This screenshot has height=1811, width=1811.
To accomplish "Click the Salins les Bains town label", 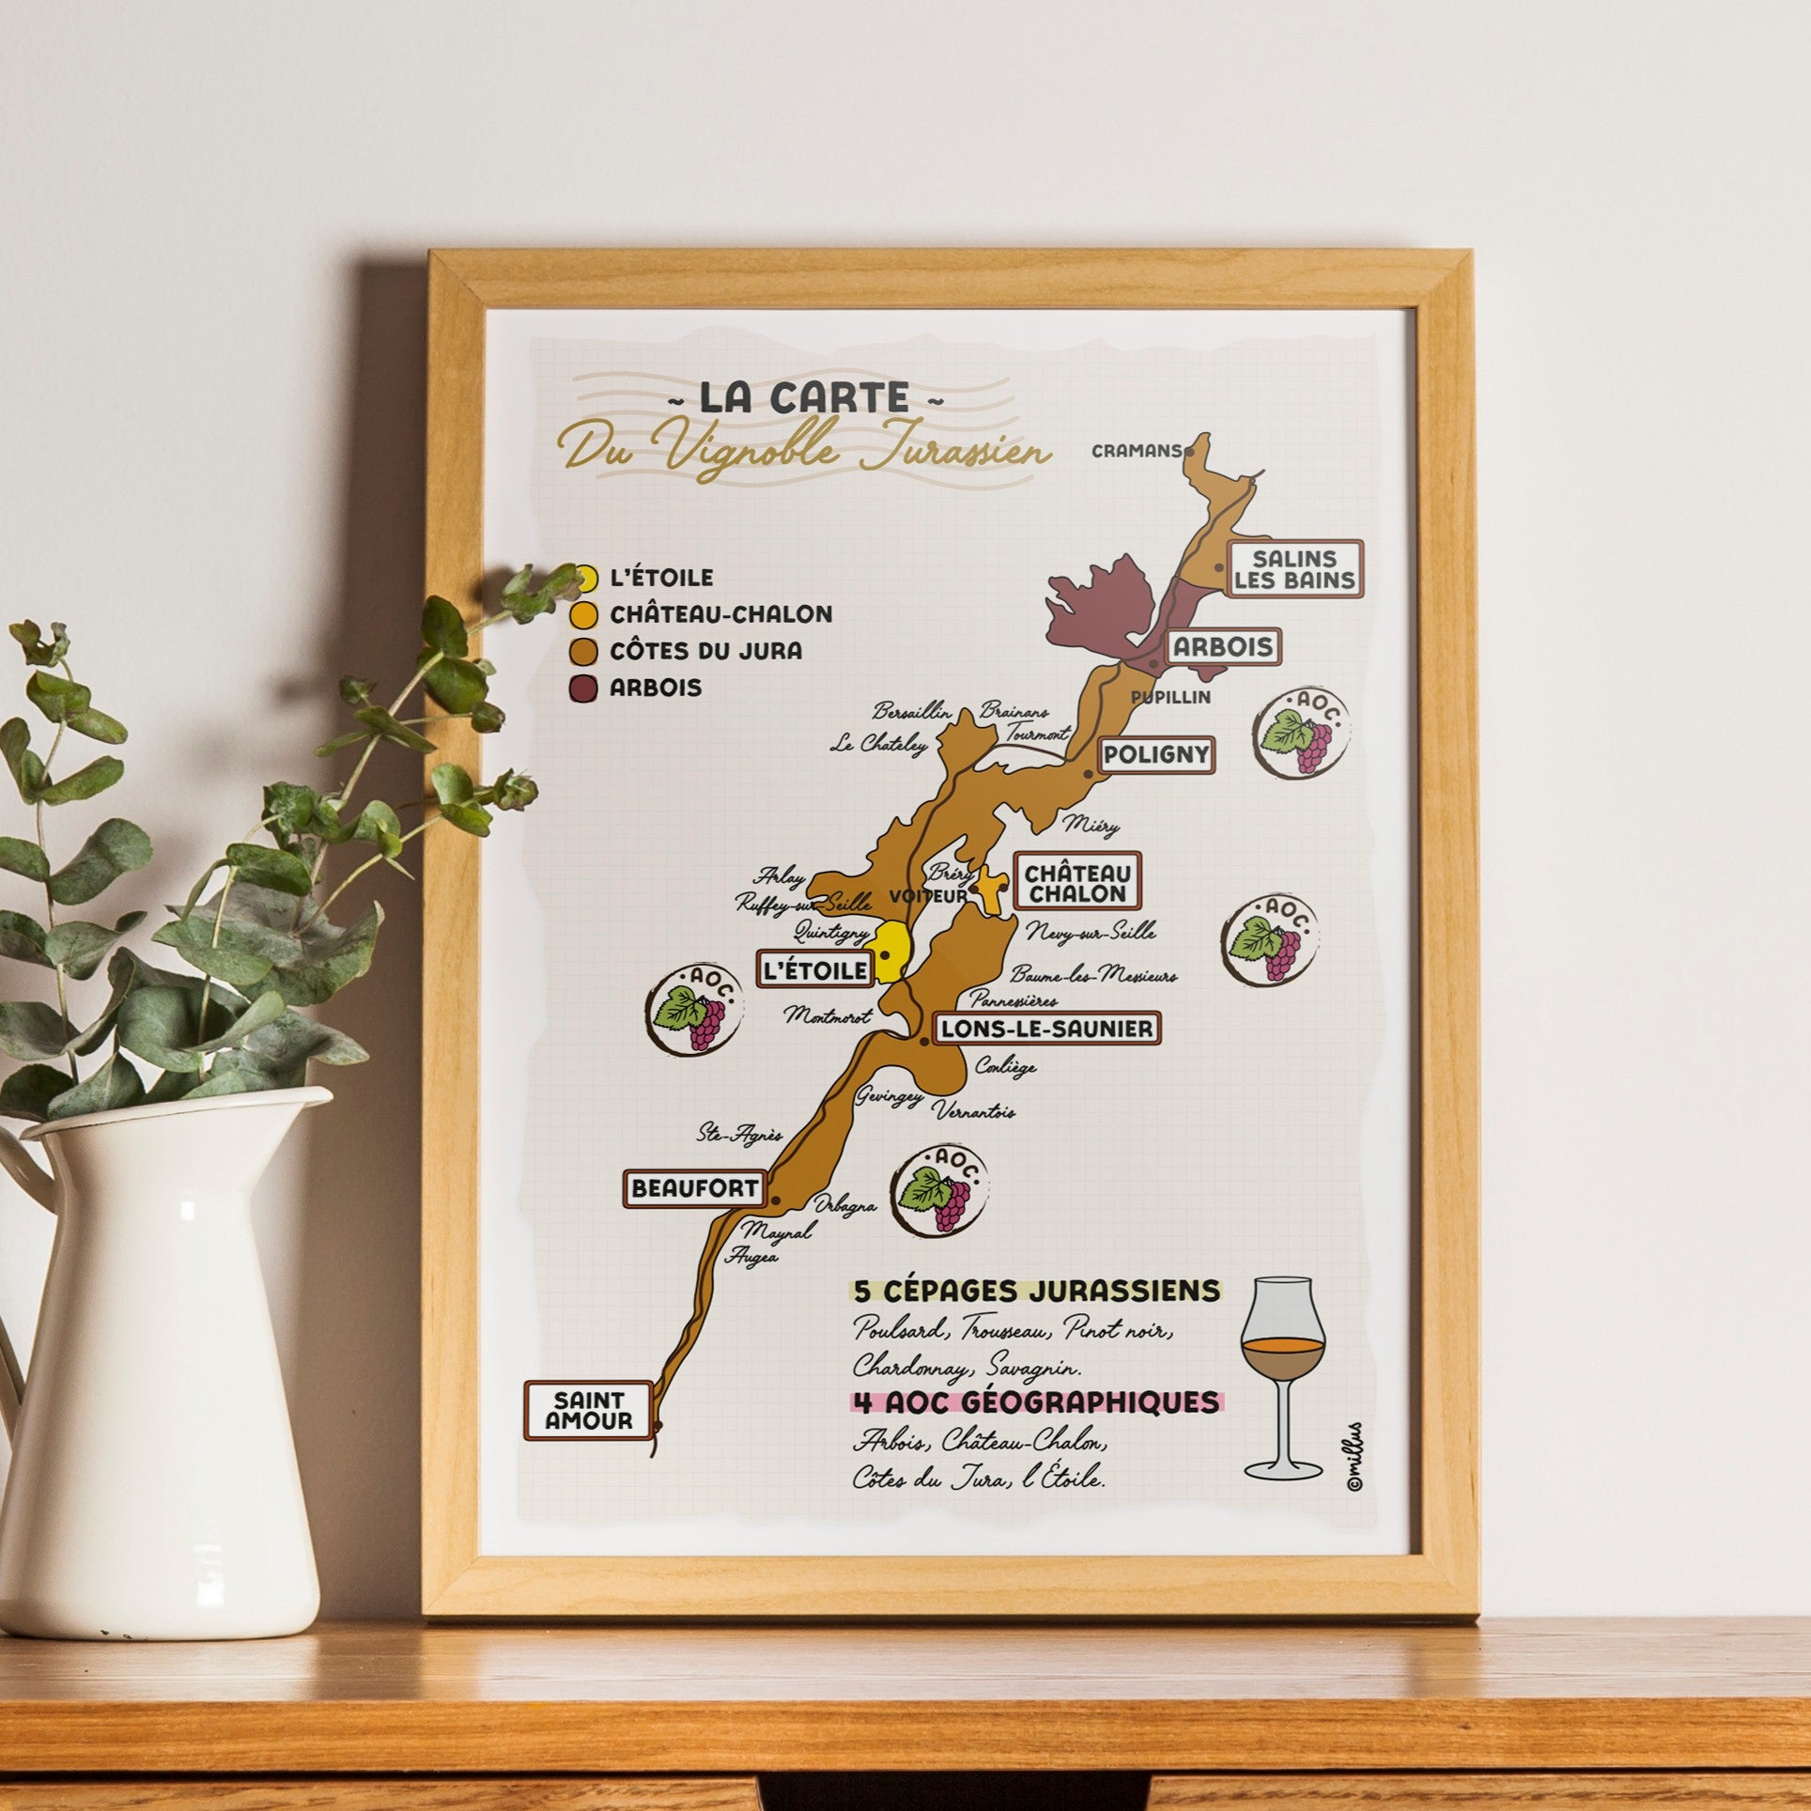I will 1295,568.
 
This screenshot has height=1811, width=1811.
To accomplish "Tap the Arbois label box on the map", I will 1222,646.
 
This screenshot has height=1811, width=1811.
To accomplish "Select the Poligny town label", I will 1156,754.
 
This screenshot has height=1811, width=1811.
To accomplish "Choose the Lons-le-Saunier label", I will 1045,1029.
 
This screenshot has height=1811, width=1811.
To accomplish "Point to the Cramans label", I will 1135,451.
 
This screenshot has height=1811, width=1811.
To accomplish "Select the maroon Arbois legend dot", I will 584,688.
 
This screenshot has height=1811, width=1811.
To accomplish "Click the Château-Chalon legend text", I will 720,614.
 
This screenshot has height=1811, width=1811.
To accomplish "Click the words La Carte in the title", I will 804,398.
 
